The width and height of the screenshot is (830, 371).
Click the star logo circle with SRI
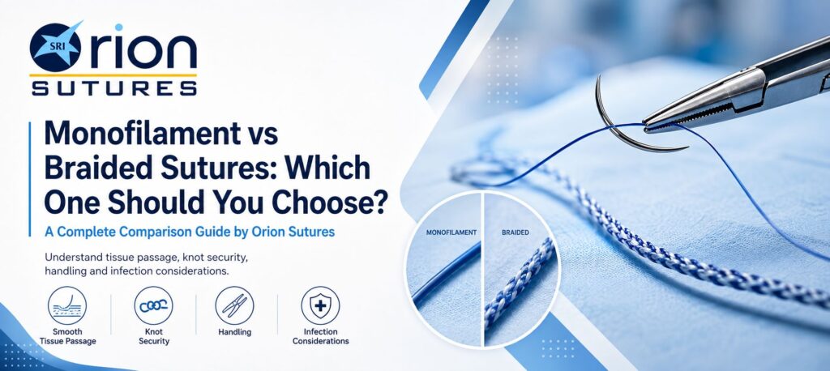tap(55, 46)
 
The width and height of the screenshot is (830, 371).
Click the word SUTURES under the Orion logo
tap(113, 87)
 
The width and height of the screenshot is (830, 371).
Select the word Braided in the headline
tap(92, 168)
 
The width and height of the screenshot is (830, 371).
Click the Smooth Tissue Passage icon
tap(67, 305)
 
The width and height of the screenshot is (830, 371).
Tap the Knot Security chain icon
tap(153, 305)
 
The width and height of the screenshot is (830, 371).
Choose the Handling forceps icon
tap(234, 305)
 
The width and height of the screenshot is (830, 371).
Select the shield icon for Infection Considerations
tap(320, 305)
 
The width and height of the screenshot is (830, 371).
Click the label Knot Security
tap(153, 337)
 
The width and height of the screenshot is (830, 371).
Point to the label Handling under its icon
tap(234, 332)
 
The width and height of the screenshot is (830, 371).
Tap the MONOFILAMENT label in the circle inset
tap(451, 232)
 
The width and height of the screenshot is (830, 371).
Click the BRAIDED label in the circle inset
tap(515, 232)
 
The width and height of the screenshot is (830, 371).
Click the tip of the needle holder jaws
tap(644, 127)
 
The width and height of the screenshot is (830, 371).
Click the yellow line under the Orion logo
tap(113, 75)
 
